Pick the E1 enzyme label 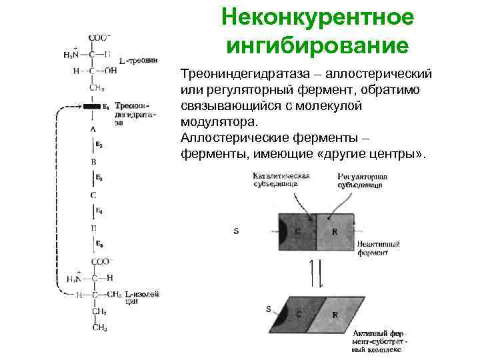105,106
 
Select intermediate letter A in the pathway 93,128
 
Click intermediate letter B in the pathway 93,161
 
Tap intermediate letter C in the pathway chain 93,195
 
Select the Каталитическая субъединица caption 280,181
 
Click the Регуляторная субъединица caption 362,181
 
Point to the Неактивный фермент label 379,249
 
